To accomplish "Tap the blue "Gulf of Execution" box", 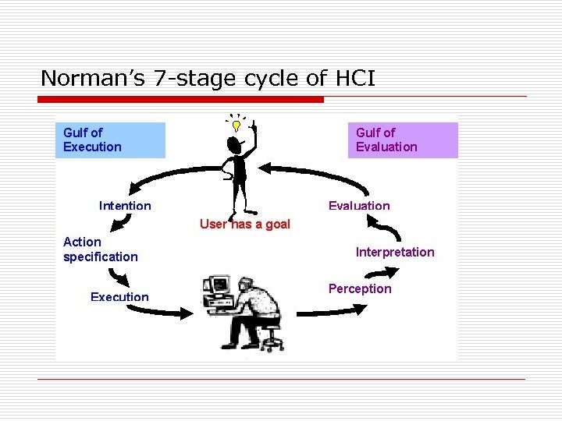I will [x=110, y=140].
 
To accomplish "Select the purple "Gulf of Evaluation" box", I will [x=402, y=140].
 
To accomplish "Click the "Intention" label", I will [x=125, y=206].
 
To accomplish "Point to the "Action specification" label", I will [x=100, y=249].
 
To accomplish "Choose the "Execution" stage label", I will [x=119, y=297].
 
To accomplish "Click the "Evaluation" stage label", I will [x=358, y=206].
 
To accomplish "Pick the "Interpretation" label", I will [x=395, y=252].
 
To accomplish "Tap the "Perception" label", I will [x=360, y=289].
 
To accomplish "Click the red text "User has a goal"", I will [x=244, y=225].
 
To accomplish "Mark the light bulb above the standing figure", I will [x=234, y=123].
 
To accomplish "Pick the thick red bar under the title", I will [x=181, y=100].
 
